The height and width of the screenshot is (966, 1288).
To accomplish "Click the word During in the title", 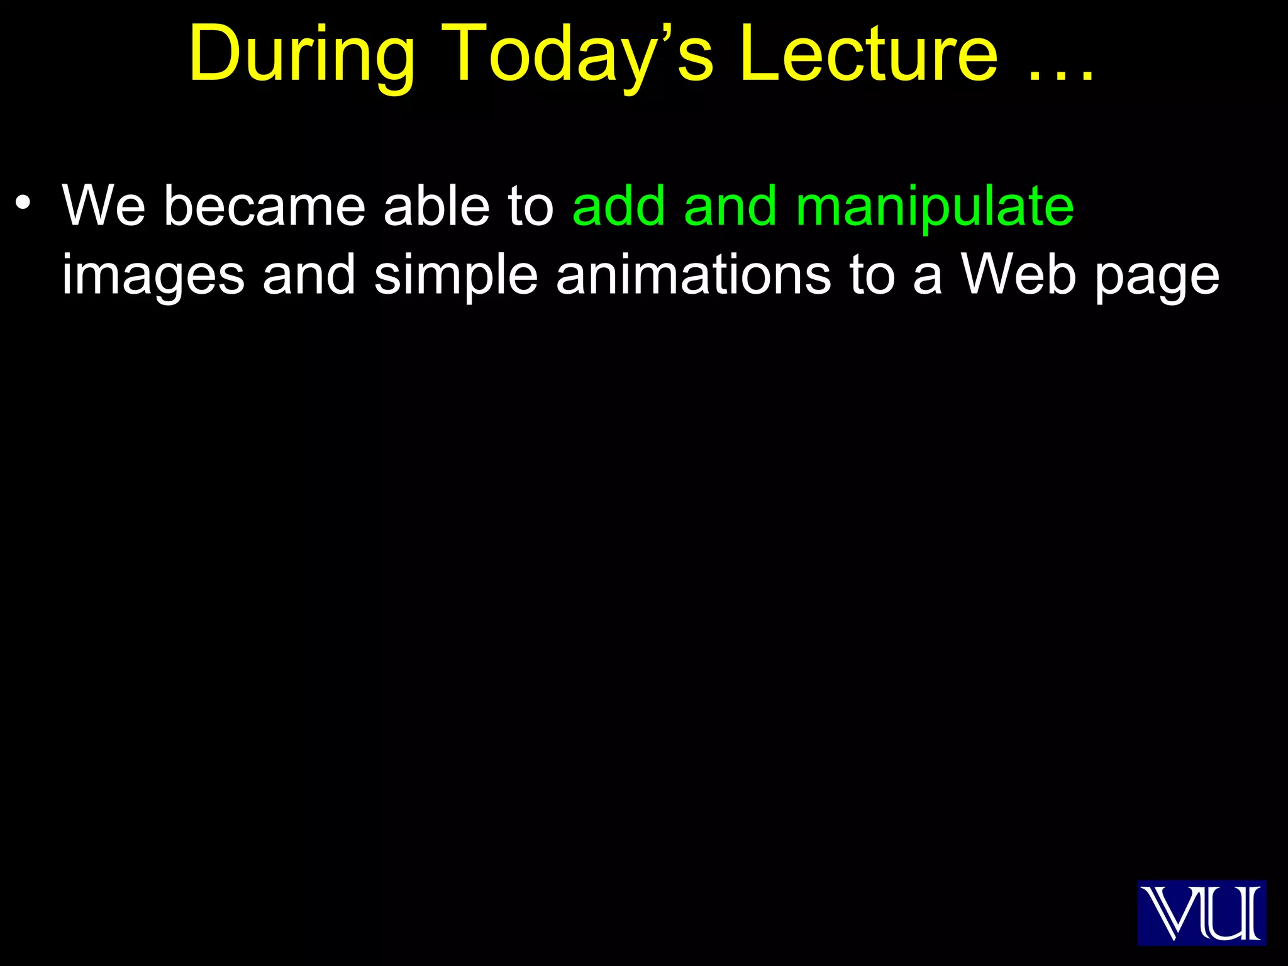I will coord(302,55).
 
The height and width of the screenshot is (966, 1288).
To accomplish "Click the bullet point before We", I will coord(23,203).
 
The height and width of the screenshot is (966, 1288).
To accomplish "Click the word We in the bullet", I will coord(104,206).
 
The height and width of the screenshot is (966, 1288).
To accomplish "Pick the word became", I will coord(264,206).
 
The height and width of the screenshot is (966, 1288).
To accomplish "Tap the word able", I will coord(436,206).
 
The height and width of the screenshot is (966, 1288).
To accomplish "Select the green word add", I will coord(619,206).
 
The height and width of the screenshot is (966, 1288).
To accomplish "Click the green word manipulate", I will coord(935,206).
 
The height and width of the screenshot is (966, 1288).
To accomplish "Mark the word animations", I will coord(694,275).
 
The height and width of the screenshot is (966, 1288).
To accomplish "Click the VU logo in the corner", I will coord(1201,913).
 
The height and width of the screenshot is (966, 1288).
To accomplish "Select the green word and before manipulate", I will coord(730,206).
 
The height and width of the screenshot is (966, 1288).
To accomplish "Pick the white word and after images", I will coord(309,275).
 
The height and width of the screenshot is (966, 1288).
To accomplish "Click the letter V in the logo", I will coord(1167,913).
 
